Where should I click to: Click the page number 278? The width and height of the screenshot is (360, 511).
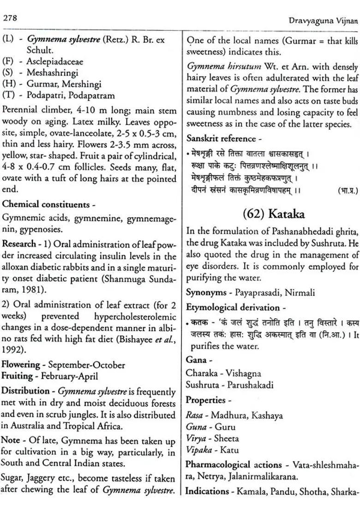coord(10,18)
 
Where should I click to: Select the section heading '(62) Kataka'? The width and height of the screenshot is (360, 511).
coord(273,214)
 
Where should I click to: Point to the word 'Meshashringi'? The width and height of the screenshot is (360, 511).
coord(52,73)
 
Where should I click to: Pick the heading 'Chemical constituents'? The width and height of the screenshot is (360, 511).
coord(45,204)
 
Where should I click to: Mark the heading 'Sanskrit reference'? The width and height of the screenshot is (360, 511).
coord(221,138)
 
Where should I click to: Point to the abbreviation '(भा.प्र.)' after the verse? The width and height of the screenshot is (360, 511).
coord(344,190)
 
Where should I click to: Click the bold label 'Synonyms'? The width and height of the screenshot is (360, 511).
coord(205,292)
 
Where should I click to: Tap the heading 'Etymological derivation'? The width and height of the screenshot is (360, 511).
coord(233,308)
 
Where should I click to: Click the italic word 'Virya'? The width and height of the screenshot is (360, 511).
coord(196,438)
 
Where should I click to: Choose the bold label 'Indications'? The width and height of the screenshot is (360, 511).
coord(207,492)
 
